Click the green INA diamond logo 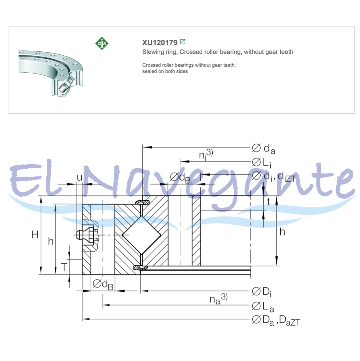tap(102, 43)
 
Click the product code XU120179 tap(160, 42)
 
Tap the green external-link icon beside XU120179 tap(183, 42)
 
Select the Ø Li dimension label tap(261, 162)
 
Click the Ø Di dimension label tap(261, 292)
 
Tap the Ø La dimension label tap(263, 307)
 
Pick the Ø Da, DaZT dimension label tap(276, 320)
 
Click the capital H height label tap(35, 235)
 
